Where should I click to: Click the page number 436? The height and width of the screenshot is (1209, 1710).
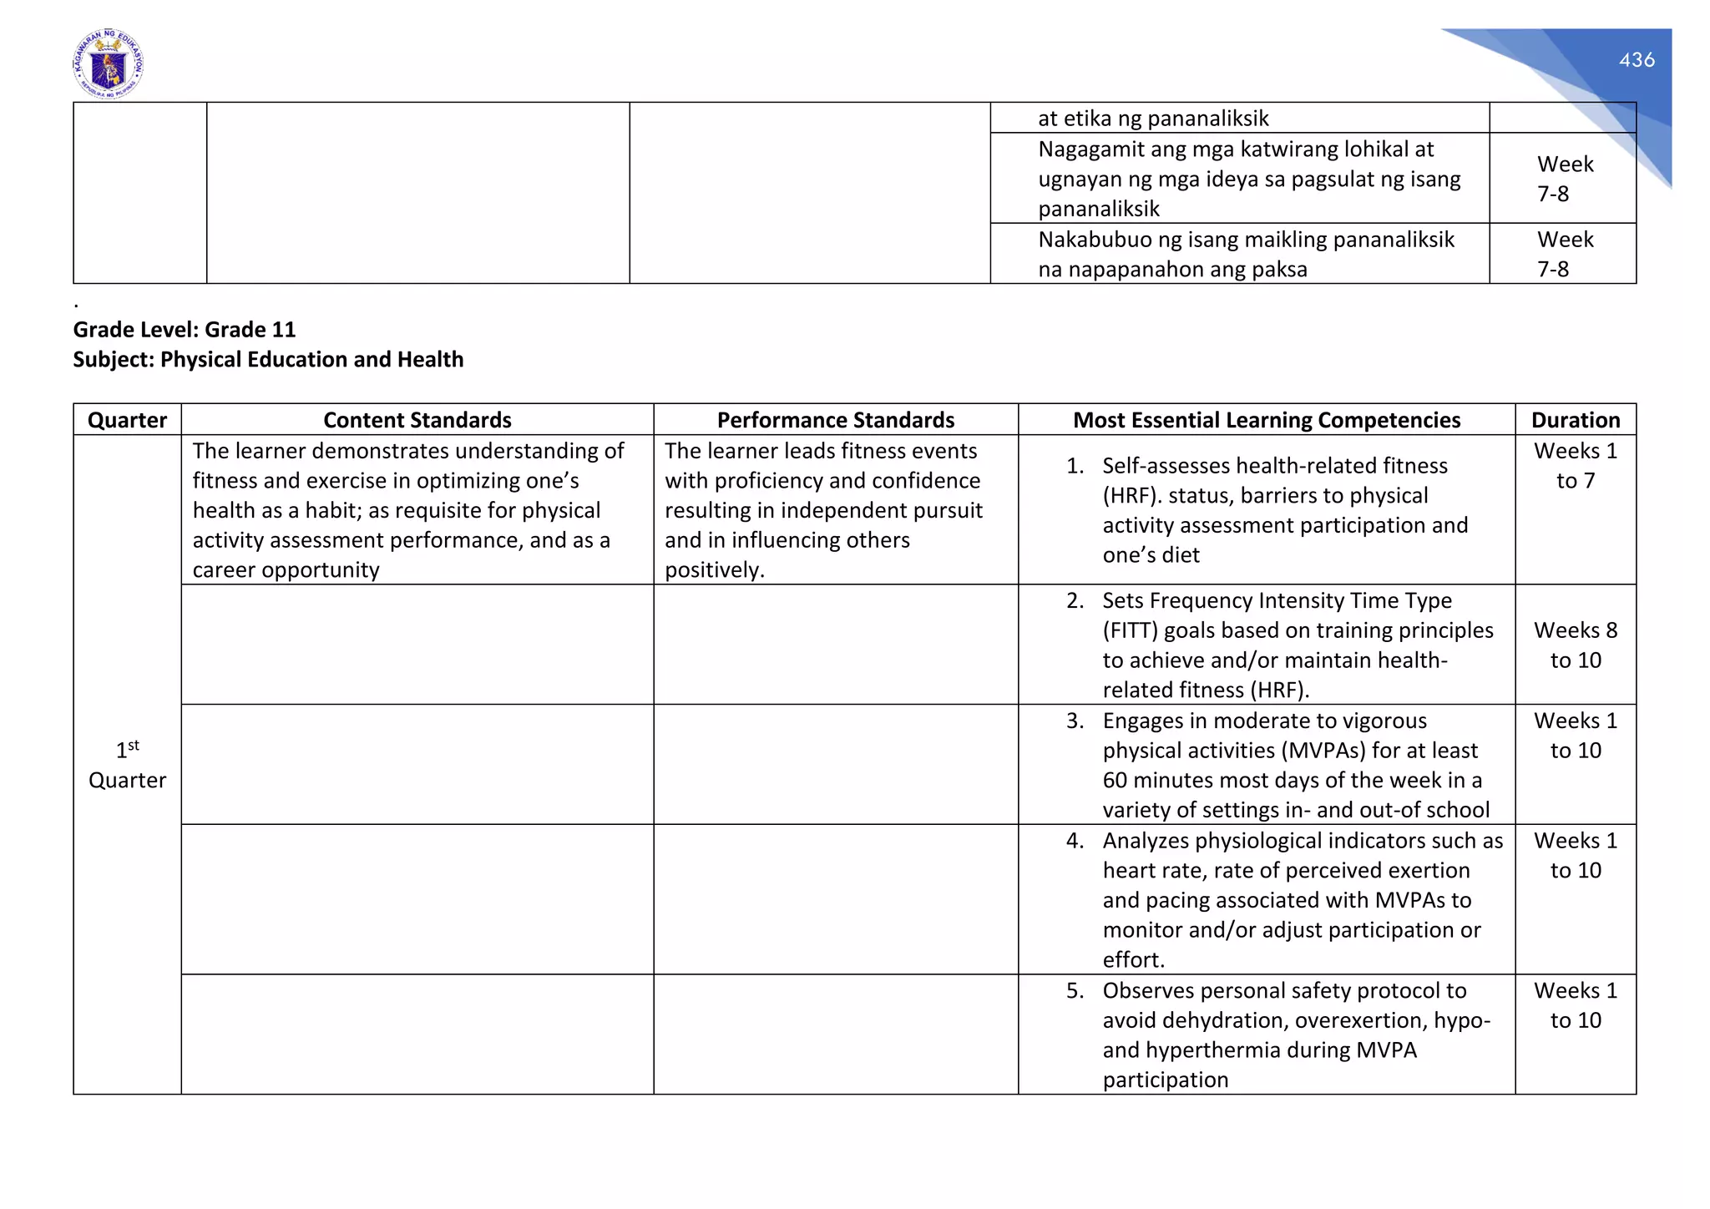1636,60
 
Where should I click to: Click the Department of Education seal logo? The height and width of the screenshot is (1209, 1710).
108,64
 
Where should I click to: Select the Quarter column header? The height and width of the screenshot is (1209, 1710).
127,420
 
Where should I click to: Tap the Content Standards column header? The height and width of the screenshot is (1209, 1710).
417,420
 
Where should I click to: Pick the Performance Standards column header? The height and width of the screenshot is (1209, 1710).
835,420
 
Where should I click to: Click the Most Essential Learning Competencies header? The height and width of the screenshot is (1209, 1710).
1266,420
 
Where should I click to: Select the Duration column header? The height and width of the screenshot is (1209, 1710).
1575,420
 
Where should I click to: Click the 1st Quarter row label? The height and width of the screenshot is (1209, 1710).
127,765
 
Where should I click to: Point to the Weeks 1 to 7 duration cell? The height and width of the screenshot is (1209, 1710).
1575,466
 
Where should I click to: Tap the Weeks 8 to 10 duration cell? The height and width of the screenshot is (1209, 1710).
1575,645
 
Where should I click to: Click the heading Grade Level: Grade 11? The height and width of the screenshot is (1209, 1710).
185,330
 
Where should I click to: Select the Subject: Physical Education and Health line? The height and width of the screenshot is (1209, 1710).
268,360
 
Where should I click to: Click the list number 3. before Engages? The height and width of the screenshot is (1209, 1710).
1075,721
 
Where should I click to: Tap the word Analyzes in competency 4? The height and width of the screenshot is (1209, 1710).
1146,842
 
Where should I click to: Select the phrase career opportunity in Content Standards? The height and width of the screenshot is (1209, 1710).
286,570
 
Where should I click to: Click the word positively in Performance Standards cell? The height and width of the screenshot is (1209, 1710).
713,570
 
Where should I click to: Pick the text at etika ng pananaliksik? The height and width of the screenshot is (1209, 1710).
1152,119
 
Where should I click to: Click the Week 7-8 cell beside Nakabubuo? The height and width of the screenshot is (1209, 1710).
1563,254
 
